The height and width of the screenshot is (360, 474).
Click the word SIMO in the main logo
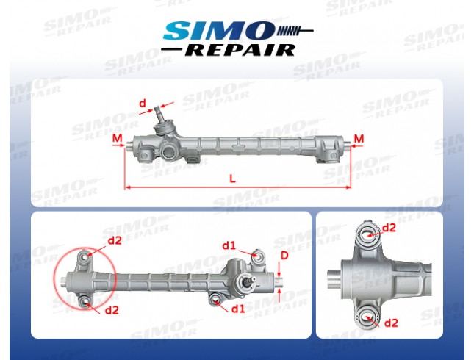(218, 31)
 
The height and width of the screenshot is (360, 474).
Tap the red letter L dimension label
(232, 179)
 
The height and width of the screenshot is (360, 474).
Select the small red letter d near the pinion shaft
(143, 104)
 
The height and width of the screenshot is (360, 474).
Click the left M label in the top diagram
(118, 138)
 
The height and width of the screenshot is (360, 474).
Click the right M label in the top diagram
(359, 139)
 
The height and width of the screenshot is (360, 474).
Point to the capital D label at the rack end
(284, 256)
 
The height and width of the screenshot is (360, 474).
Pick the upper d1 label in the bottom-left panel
(229, 245)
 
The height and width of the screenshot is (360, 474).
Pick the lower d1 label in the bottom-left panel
(238, 309)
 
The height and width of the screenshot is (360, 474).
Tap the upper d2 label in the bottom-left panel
(115, 240)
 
